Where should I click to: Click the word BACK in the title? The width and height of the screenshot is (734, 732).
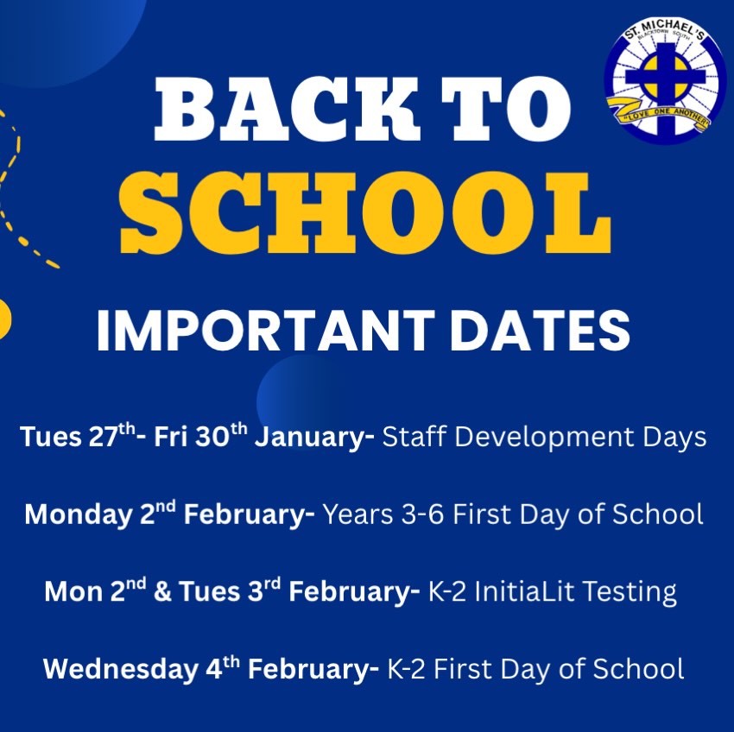tap(286, 109)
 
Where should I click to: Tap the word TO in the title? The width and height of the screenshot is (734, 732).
tap(507, 109)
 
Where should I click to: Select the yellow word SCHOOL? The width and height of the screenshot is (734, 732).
tap(365, 212)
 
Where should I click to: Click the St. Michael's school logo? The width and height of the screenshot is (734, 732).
tap(665, 80)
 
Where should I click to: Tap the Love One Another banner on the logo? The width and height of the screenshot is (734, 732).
tap(659, 113)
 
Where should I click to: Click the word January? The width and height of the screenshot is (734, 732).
tap(314, 438)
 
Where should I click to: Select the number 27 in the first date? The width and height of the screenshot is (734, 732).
tap(104, 438)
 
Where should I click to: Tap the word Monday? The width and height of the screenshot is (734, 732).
tap(79, 514)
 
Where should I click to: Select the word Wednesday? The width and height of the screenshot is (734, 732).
tap(120, 669)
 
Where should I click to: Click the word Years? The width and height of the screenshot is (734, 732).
tap(358, 514)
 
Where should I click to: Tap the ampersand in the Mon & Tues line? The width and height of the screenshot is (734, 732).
tap(162, 592)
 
